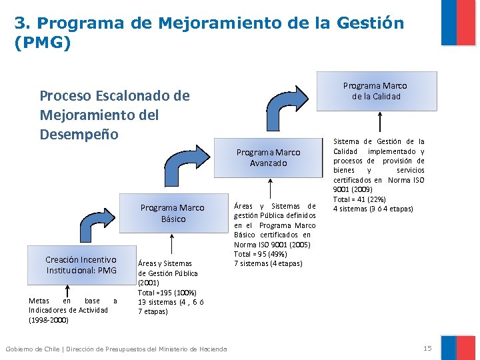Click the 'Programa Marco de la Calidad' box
tap(375, 91)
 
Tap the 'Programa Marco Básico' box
tap(172, 213)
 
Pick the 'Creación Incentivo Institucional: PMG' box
tap(81, 265)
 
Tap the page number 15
tap(427, 348)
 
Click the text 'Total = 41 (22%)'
tap(359, 199)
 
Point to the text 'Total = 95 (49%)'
tap(259, 254)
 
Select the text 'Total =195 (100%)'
tap(167, 293)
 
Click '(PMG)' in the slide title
tap(42, 43)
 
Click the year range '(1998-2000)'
tap(48, 320)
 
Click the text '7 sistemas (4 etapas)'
tap(268, 263)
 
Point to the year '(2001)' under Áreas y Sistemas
tap(149, 283)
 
